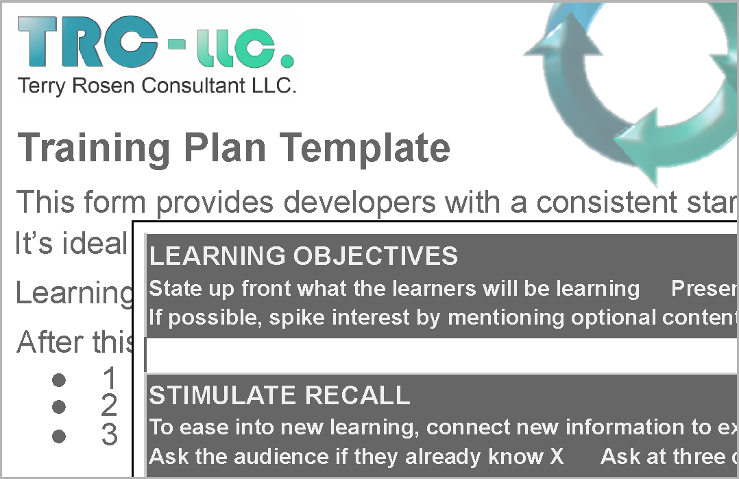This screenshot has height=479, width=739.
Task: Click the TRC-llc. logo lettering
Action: tap(156, 42)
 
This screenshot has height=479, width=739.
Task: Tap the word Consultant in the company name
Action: tap(193, 85)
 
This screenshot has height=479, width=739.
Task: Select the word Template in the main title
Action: tap(365, 148)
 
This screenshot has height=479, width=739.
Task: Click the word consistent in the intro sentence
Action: tap(606, 202)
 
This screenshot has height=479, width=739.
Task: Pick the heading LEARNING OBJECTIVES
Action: tap(304, 256)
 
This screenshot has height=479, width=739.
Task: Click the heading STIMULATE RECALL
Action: tap(280, 395)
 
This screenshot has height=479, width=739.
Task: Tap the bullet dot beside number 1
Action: tap(59, 380)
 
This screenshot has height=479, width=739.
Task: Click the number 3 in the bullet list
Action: tap(110, 434)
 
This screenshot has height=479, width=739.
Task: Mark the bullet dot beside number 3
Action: tap(59, 436)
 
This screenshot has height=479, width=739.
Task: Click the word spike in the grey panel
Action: tap(297, 318)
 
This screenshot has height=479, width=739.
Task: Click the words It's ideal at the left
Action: tap(71, 243)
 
